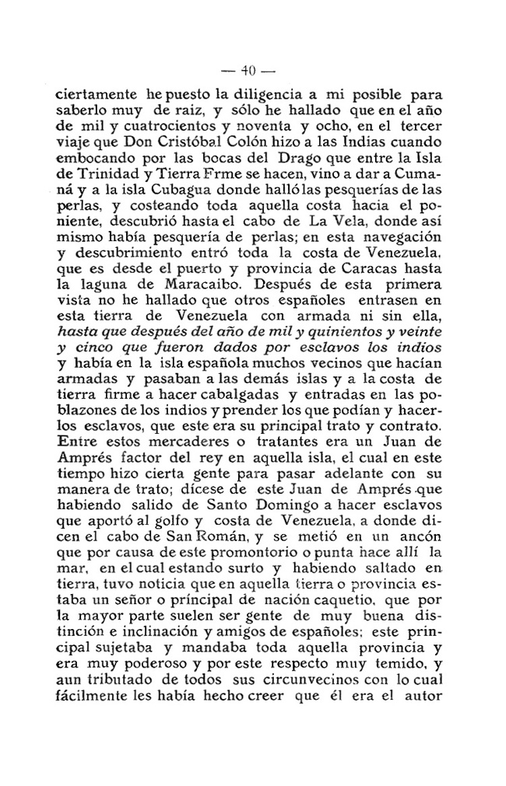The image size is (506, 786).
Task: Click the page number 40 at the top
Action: point(248,68)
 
